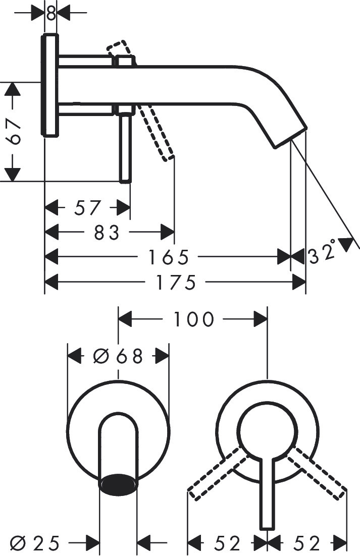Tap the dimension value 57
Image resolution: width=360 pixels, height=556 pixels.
coord(87,207)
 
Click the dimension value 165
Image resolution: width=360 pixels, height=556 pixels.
coord(168,257)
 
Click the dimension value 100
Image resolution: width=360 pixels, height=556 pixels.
coord(194,319)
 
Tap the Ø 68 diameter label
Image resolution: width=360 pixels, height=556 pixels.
coord(118,356)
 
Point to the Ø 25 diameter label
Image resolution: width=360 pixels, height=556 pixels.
coord(35,543)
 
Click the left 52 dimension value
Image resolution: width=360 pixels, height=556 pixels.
coord(227,543)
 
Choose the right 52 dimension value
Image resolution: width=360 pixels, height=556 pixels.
coord(307,543)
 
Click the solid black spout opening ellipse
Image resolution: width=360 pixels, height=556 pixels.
coord(119,483)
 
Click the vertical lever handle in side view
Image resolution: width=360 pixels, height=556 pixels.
coord(126,146)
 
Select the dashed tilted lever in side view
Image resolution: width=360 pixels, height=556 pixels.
coord(158,132)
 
